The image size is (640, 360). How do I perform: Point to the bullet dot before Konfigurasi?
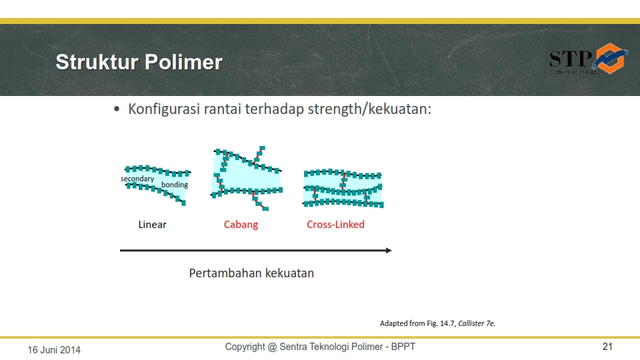[117, 109]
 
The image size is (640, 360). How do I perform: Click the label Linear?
[152, 225]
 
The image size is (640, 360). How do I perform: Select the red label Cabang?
[241, 225]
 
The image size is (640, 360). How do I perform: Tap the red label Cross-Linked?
[335, 225]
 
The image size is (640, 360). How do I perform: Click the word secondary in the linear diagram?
[137, 179]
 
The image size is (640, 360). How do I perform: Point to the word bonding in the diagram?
[175, 185]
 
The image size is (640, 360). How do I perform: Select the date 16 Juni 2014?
[54, 349]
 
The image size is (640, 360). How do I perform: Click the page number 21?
[607, 347]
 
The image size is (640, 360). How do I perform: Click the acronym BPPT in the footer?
[403, 347]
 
